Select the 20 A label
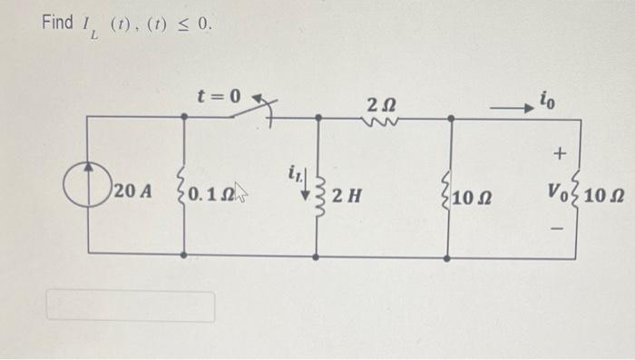[x=126, y=191]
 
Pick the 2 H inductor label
[x=348, y=193]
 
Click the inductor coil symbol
[x=318, y=191]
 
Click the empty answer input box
[x=131, y=306]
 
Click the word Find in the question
[x=57, y=23]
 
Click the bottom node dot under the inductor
[x=316, y=258]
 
